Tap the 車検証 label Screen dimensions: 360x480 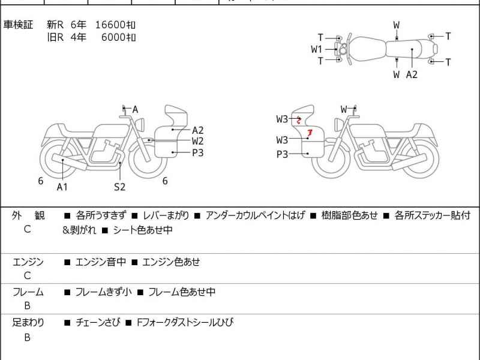click(x=19, y=25)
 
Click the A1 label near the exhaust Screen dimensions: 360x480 click(x=62, y=187)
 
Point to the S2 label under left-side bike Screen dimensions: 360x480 click(x=120, y=187)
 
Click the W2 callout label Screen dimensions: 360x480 click(x=197, y=141)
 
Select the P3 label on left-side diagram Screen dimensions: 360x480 click(x=197, y=152)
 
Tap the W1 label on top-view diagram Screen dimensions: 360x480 click(x=317, y=50)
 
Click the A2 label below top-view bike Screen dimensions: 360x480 click(x=412, y=74)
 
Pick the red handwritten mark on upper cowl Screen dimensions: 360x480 click(x=298, y=120)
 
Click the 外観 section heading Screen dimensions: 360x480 click(x=28, y=215)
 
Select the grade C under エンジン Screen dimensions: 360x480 click(x=27, y=276)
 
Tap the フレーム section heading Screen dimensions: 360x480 click(x=28, y=292)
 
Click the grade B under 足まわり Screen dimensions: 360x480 click(x=27, y=337)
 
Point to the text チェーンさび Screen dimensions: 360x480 click(x=98, y=323)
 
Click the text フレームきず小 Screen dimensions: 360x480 click(x=103, y=292)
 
